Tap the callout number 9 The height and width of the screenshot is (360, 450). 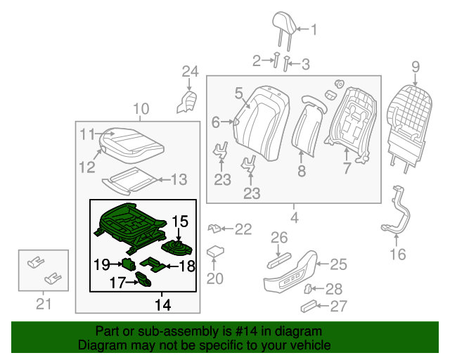point(415,67)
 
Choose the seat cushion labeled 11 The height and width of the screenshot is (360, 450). point(132,141)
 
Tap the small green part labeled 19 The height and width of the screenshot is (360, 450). point(129,264)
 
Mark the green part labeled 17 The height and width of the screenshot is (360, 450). point(144,282)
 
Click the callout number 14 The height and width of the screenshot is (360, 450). point(162,304)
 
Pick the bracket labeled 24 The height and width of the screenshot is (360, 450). point(188,100)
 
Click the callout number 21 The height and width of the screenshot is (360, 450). point(44,304)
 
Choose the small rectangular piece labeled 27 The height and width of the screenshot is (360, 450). point(308,306)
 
